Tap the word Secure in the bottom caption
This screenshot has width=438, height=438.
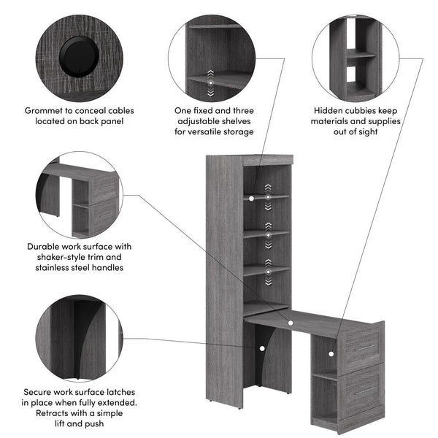(x=40, y=392)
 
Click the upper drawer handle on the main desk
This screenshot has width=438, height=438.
(x=363, y=347)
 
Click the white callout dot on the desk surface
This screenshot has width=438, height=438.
(x=290, y=322)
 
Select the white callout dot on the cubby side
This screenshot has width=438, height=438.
(x=330, y=353)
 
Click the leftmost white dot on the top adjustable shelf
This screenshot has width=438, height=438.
(x=251, y=197)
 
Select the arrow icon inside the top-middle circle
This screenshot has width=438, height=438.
(x=211, y=83)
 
